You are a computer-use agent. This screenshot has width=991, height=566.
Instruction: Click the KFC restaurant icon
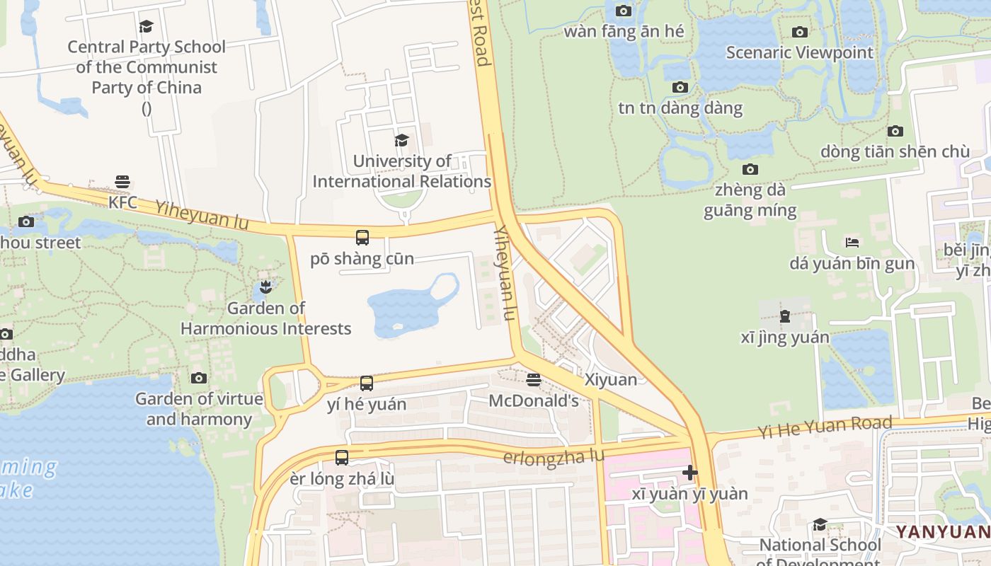pyautogui.click(x=122, y=182)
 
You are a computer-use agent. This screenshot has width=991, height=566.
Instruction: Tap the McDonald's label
pyautogui.click(x=534, y=400)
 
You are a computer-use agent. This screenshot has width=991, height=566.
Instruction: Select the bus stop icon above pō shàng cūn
pyautogui.click(x=362, y=238)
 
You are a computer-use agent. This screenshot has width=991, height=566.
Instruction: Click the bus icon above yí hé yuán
pyautogui.click(x=367, y=383)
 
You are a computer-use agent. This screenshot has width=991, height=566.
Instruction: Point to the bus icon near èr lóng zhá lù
pyautogui.click(x=342, y=458)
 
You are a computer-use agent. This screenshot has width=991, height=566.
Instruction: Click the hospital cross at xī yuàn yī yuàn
pyautogui.click(x=690, y=473)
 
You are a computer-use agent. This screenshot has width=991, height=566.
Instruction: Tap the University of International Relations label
pyautogui.click(x=402, y=171)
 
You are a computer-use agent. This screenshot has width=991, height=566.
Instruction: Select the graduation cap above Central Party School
pyautogui.click(x=147, y=27)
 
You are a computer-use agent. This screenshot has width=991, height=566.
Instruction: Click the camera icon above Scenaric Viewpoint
pyautogui.click(x=800, y=32)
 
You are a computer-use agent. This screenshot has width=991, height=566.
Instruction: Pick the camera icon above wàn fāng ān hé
pyautogui.click(x=624, y=11)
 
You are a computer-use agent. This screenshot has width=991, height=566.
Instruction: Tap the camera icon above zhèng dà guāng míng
pyautogui.click(x=750, y=170)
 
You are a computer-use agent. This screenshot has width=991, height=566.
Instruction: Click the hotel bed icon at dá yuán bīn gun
pyautogui.click(x=852, y=242)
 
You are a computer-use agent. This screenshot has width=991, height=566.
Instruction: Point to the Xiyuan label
pyautogui.click(x=611, y=379)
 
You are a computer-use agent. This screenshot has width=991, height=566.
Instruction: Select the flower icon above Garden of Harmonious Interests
pyautogui.click(x=265, y=287)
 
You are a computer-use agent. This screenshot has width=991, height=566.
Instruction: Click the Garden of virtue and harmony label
pyautogui.click(x=199, y=409)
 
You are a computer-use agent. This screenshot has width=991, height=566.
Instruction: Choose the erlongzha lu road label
pyautogui.click(x=554, y=457)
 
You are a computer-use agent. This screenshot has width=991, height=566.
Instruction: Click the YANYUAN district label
pyautogui.click(x=943, y=531)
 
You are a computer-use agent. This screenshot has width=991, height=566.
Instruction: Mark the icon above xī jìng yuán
pyautogui.click(x=785, y=316)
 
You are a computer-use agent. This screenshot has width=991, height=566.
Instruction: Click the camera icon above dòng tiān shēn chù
pyautogui.click(x=895, y=132)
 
